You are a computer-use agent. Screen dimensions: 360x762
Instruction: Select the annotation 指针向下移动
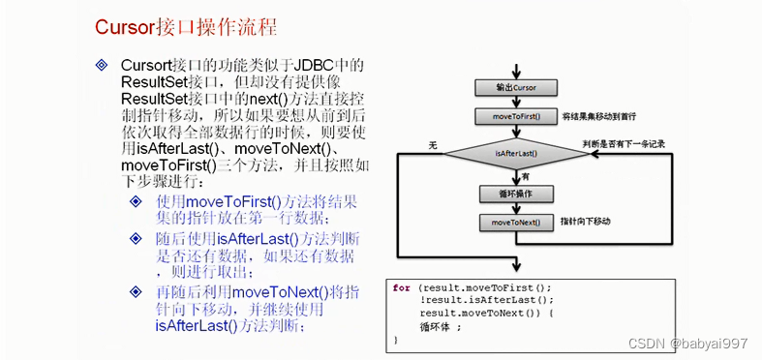coord(592,223)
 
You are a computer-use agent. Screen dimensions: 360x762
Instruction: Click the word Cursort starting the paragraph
coord(148,65)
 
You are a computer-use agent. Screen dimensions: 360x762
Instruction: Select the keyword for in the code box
coord(401,287)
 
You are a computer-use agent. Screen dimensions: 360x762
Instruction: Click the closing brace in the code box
coord(395,341)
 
